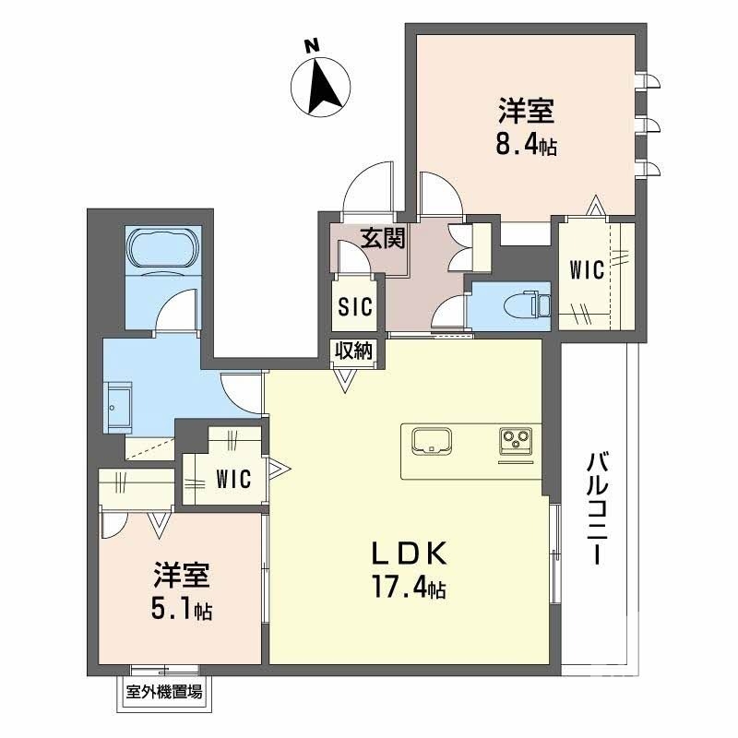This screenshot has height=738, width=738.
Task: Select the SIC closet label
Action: pyautogui.click(x=354, y=306)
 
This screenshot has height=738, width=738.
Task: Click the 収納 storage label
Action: pyautogui.click(x=354, y=351)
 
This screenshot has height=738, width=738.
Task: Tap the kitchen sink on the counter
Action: pyautogui.click(x=430, y=439)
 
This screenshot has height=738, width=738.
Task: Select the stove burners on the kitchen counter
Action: pyautogui.click(x=517, y=440)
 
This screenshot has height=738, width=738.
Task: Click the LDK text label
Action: pyautogui.click(x=410, y=554)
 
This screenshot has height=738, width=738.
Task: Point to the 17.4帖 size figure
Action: pyautogui.click(x=410, y=587)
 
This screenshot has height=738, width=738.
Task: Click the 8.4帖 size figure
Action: pyautogui.click(x=527, y=144)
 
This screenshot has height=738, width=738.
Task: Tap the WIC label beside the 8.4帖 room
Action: pyautogui.click(x=586, y=270)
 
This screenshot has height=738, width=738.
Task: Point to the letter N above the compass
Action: pyautogui.click(x=313, y=44)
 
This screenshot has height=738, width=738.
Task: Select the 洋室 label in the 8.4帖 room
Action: pyautogui.click(x=527, y=113)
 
